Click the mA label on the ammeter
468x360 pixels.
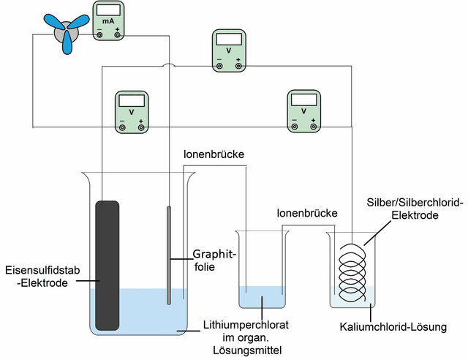pos(108,21)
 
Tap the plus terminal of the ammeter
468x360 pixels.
pos(118,35)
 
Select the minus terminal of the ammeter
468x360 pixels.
pos(99,35)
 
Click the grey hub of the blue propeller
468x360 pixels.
pos(67,31)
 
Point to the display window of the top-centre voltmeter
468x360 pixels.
pos(229,39)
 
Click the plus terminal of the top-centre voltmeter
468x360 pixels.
pos(238,66)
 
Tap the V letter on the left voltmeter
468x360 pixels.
pos(132,113)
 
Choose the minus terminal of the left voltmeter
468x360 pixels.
pos(122,128)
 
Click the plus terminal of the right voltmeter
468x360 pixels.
pos(313,127)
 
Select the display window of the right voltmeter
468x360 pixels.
pos(304,100)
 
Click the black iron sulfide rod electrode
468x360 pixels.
pos(107,266)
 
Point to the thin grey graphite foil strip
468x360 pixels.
pos(169,255)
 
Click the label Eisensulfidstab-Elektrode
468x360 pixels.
pos(42,277)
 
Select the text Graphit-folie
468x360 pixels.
pos(214,260)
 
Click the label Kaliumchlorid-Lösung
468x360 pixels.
pos(393,327)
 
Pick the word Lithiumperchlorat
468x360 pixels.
pos(246,325)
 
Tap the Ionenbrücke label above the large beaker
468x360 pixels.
pos(214,154)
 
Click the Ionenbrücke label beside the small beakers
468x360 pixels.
pos(307,213)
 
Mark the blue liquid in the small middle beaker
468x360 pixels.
pos(262,296)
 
